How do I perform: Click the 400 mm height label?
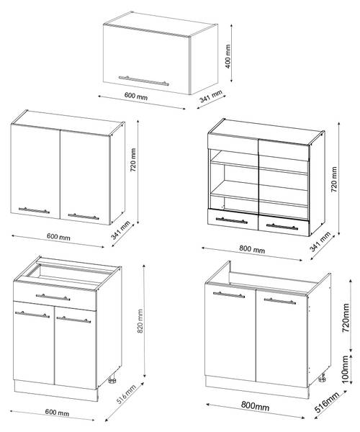(228, 56)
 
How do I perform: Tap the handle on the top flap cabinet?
(144, 81)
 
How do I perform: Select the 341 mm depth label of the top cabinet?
(211, 96)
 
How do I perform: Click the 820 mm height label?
(140, 321)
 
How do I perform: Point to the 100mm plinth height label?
(345, 369)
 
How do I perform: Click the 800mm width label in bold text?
(255, 406)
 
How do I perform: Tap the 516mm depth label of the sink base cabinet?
(327, 402)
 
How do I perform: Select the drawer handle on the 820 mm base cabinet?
(53, 297)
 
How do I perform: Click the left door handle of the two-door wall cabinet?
(34, 210)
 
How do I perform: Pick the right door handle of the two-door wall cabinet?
(84, 217)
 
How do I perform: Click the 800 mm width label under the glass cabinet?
(252, 249)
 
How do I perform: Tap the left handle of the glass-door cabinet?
(232, 220)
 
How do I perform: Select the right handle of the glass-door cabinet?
(282, 227)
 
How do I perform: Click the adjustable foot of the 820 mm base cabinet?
(112, 380)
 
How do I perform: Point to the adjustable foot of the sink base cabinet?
(323, 378)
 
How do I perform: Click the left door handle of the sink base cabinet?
(229, 294)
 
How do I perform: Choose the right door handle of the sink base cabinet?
(280, 301)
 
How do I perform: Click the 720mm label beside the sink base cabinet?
(346, 318)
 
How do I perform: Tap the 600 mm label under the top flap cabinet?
(136, 96)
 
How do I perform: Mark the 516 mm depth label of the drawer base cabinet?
(127, 395)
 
